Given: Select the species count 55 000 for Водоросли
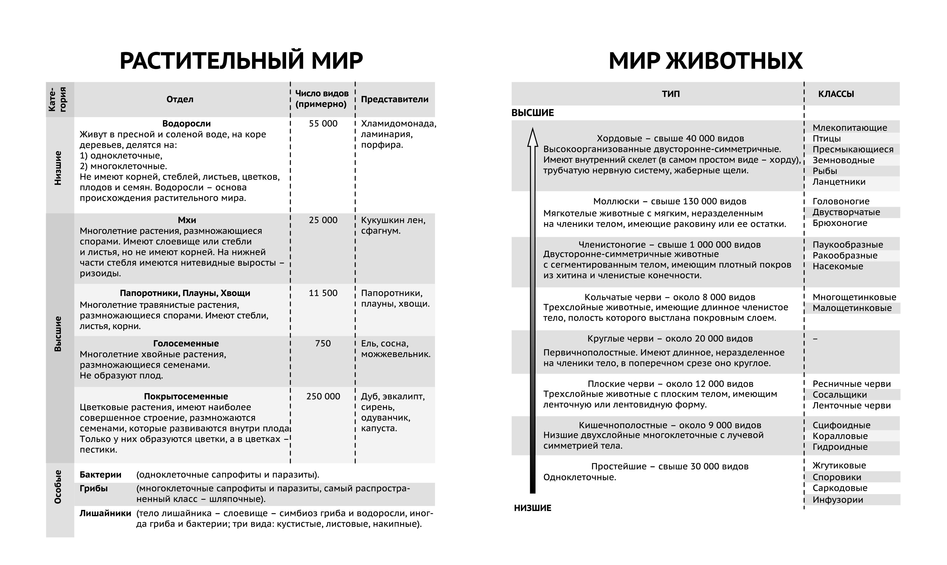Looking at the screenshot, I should coord(323,124).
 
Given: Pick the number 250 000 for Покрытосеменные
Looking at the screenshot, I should coord(323,396).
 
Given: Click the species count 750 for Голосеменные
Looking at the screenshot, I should coord(323,344).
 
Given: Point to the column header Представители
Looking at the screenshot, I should coord(395,99).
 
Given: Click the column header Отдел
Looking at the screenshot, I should coord(180,99).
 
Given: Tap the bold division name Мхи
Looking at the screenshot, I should coord(187,220).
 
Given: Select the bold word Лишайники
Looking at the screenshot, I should coord(105,513).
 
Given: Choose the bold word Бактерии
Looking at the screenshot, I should coord(100,475).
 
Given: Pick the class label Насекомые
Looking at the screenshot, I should coord(838,266).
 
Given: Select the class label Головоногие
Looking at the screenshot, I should coord(841,201).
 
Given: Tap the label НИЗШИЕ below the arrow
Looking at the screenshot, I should coord(532,508).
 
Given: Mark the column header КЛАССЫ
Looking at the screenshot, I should coord(836,94).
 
